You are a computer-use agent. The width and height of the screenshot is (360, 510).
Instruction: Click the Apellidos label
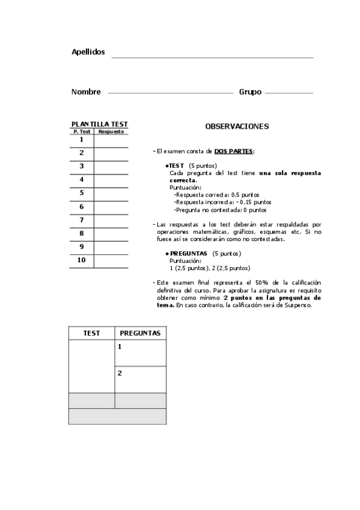88,52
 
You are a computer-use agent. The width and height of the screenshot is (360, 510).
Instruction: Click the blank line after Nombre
170,93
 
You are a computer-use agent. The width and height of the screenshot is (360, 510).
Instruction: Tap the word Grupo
250,92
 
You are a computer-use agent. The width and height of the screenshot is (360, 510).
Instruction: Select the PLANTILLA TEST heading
99,124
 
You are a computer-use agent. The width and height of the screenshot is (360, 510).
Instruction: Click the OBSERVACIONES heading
237,127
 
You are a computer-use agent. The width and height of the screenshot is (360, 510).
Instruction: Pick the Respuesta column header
111,131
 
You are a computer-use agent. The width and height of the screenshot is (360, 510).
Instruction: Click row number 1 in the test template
82,140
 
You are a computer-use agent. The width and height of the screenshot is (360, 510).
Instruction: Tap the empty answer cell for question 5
111,193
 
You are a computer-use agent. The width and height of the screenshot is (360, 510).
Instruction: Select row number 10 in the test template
82,260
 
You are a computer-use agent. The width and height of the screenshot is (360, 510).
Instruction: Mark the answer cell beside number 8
111,233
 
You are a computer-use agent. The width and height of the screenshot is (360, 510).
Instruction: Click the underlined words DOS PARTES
234,152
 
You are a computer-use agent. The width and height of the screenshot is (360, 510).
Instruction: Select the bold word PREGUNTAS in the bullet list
189,254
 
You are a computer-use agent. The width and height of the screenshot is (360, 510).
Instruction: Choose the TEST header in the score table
91,333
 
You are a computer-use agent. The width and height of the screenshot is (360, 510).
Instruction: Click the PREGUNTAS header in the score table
140,333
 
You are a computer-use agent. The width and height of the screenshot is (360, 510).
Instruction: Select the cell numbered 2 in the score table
140,379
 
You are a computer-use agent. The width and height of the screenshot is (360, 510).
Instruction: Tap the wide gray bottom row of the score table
117,416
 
